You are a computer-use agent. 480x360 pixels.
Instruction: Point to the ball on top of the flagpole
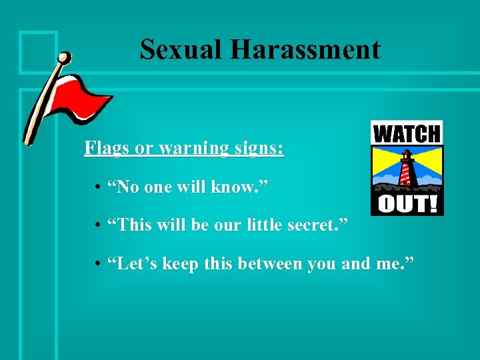coord(64,59)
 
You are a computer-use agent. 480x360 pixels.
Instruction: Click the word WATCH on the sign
coord(407,133)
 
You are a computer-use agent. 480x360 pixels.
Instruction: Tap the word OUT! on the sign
coord(407,203)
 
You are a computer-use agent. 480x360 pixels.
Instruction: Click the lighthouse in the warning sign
coord(406,170)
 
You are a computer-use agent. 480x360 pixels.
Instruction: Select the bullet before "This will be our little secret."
coord(97,227)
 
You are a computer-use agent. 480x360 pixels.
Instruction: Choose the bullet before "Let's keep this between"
coord(97,265)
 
